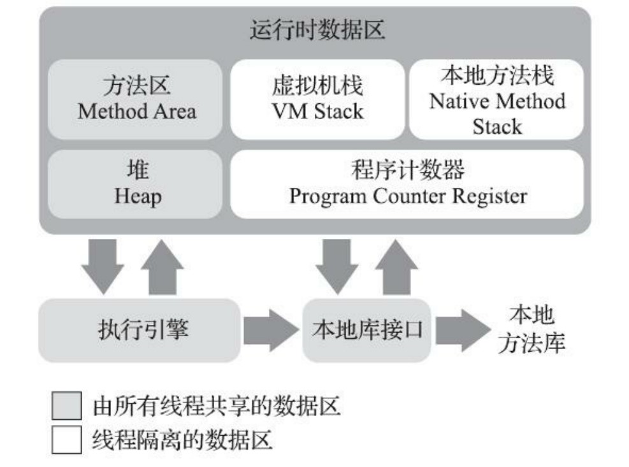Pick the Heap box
[x=136, y=184]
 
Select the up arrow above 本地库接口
[x=397, y=266]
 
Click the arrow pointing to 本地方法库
[x=461, y=330]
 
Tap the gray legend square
[x=66, y=406]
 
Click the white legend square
[x=66, y=440]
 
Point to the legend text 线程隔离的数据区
[x=182, y=440]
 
